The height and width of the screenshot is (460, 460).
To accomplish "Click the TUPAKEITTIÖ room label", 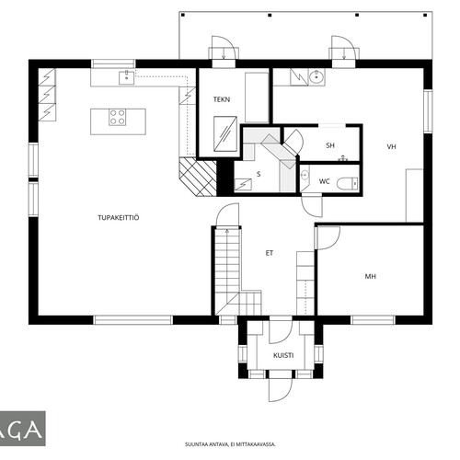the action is [x=119, y=218].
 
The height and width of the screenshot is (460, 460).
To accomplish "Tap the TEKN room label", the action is [x=222, y=99].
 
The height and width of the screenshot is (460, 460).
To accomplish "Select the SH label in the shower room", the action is [x=330, y=145].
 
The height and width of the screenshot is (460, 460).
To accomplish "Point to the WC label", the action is [x=325, y=181].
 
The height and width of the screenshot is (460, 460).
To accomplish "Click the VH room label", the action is [x=391, y=146].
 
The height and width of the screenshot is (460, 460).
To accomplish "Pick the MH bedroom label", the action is [x=371, y=276].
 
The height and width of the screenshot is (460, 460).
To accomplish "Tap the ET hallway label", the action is [x=270, y=253].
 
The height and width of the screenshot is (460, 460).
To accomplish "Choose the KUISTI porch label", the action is [x=283, y=355].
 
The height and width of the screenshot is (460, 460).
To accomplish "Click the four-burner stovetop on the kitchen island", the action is [x=118, y=117].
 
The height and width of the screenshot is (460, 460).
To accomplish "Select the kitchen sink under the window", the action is [x=126, y=77].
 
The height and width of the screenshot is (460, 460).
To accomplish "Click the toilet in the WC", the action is [x=348, y=184].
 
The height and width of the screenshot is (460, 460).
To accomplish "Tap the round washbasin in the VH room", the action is [x=316, y=76].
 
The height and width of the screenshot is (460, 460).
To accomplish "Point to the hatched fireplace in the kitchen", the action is [x=198, y=177].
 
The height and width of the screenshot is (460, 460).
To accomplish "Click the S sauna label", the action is [x=259, y=174].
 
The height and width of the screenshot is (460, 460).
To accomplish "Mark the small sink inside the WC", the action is [x=305, y=175].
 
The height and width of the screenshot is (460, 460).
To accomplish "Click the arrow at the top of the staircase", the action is [x=227, y=232].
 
